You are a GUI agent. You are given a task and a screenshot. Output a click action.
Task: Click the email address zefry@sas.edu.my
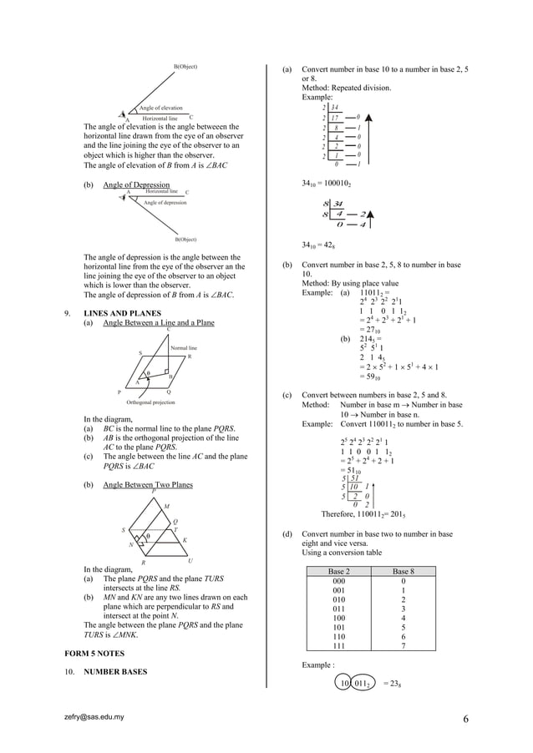click(x=94, y=716)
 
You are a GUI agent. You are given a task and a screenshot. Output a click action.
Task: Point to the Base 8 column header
click(x=403, y=571)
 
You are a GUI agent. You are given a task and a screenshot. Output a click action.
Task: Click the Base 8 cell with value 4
click(x=403, y=619)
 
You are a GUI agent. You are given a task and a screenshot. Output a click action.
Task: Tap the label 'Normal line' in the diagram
click(x=183, y=347)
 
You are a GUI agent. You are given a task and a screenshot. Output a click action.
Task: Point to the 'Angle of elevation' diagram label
click(x=160, y=108)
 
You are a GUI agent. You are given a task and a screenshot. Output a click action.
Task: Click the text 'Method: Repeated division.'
click(x=346, y=87)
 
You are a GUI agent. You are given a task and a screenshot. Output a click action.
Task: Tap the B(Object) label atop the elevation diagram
click(x=185, y=65)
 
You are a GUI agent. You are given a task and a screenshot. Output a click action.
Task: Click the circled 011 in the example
click(x=361, y=684)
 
